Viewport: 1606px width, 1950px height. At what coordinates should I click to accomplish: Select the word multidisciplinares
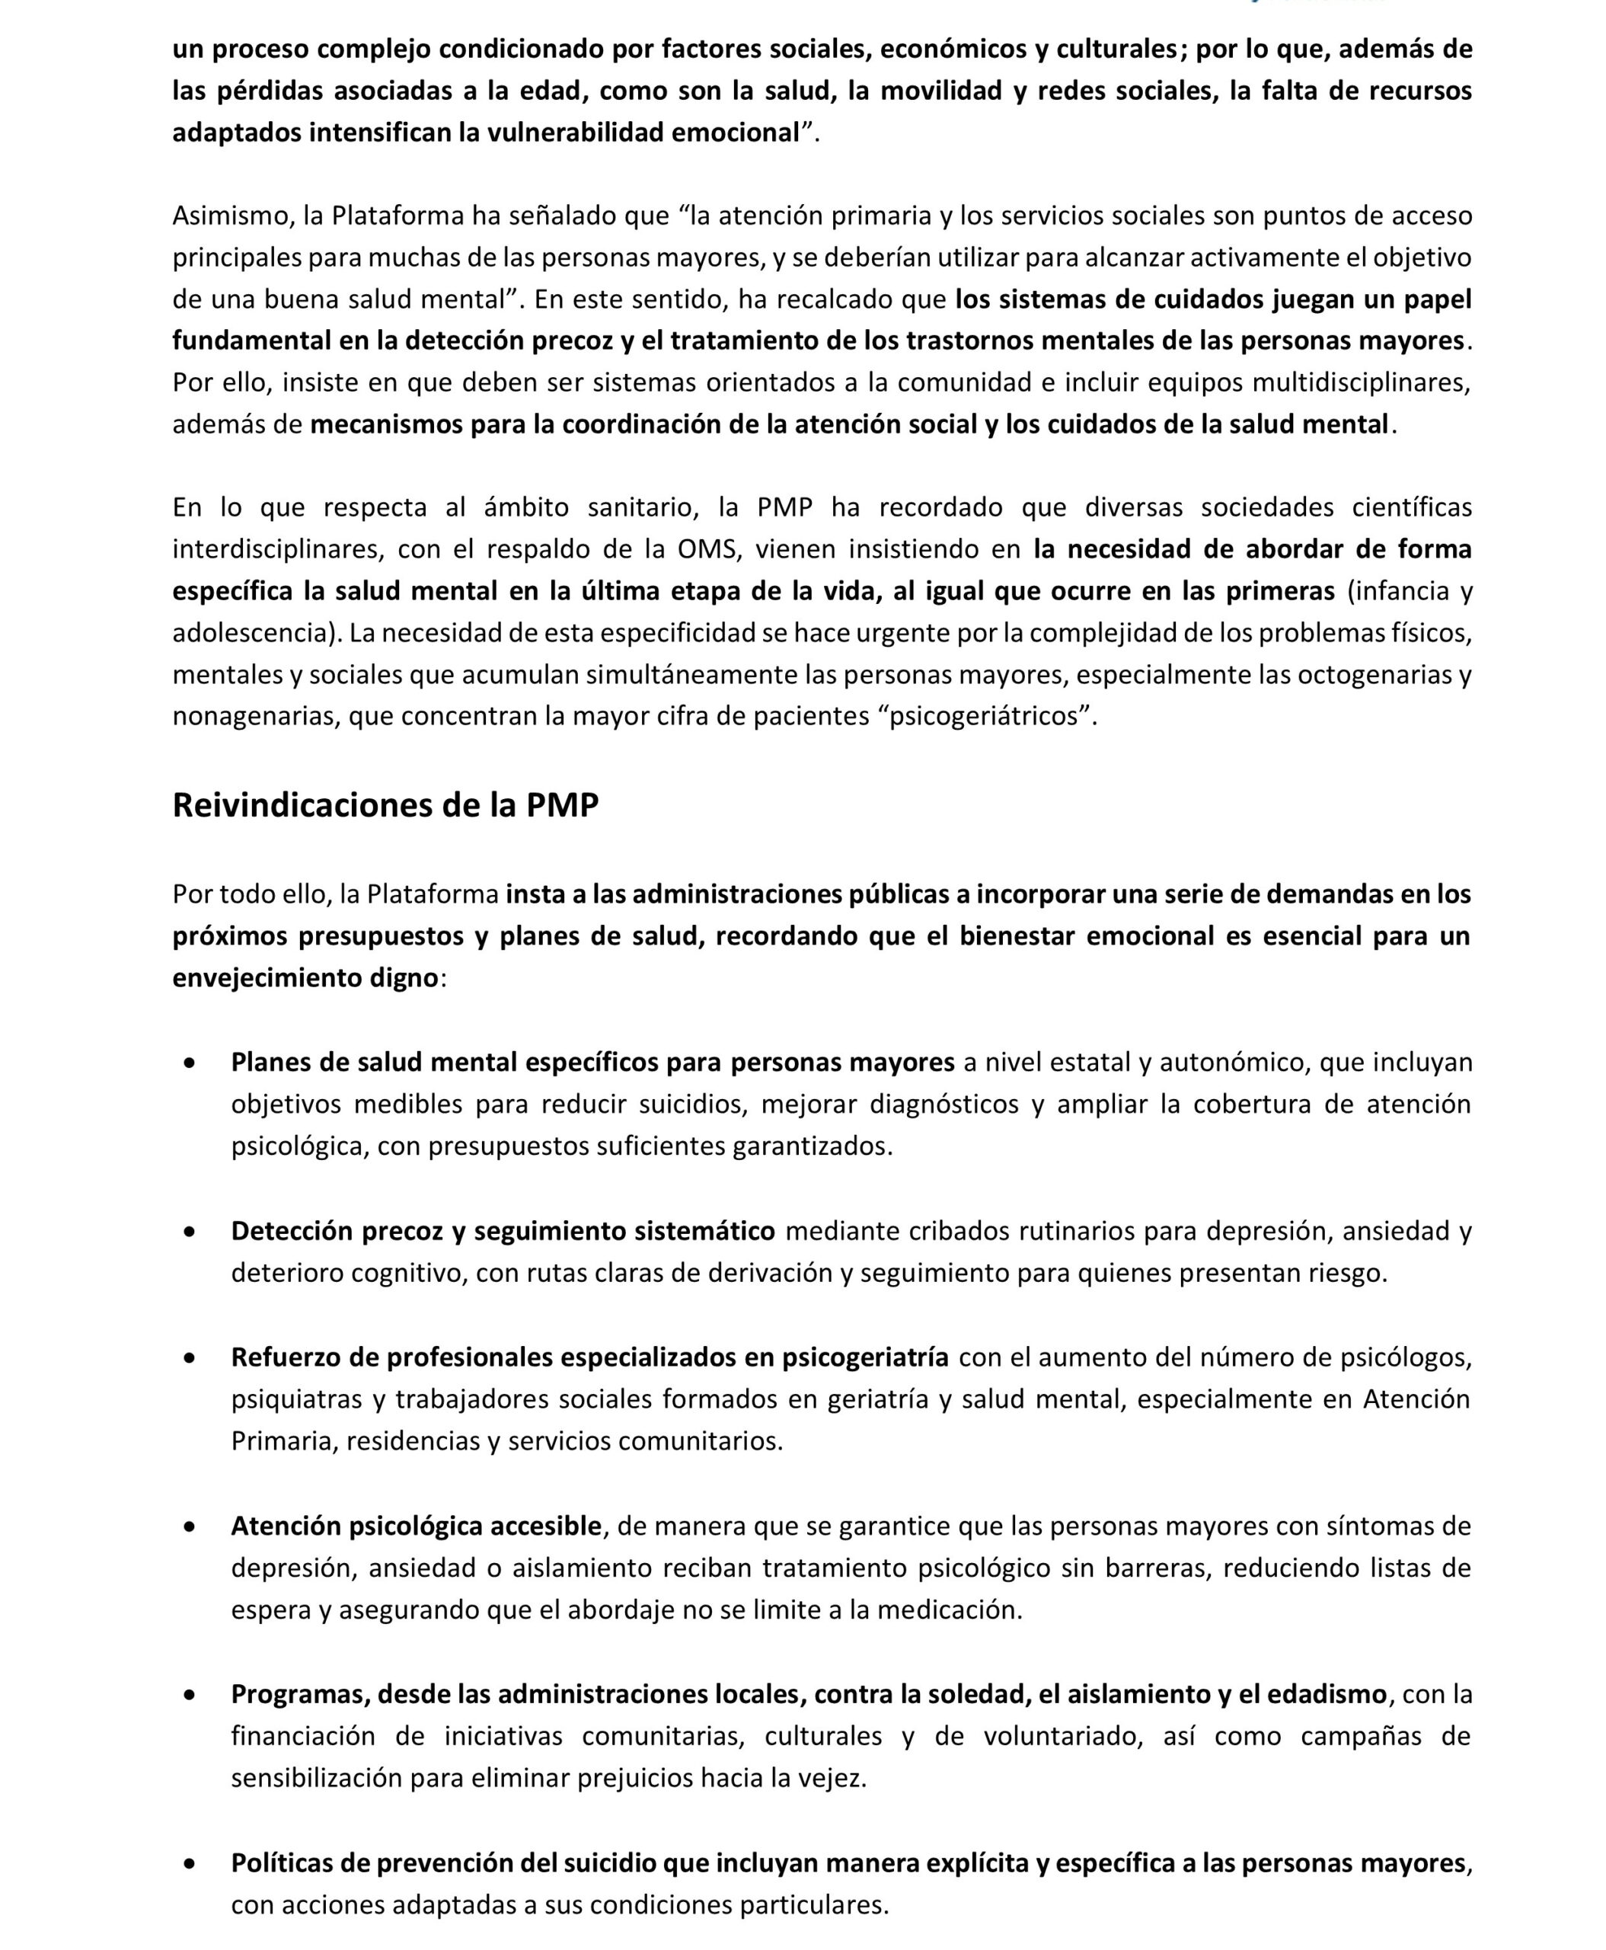[1361, 382]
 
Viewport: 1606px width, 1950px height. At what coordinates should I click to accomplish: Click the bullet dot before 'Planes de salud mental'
[190, 1063]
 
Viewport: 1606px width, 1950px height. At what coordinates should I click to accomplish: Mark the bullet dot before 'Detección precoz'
[190, 1232]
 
